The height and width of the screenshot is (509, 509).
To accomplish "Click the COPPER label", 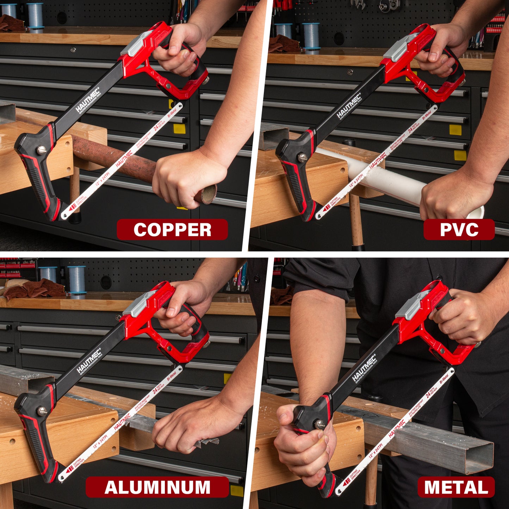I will click(172, 230).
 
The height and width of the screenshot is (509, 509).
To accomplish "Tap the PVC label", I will click(459, 230).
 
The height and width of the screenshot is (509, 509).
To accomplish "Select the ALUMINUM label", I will click(157, 487).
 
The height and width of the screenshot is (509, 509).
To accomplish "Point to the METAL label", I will click(456, 487).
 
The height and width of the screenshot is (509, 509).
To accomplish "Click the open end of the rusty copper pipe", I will click(209, 194).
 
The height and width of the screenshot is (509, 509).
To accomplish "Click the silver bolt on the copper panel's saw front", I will click(41, 150).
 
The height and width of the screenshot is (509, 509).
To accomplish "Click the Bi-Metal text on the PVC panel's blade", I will click(427, 116).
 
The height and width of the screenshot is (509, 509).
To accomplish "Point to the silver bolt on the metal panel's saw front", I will click(319, 424).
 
